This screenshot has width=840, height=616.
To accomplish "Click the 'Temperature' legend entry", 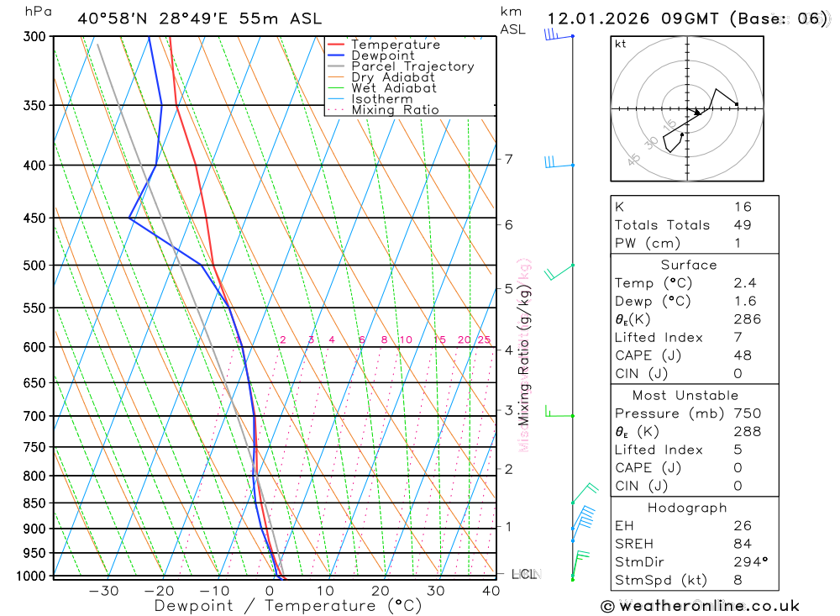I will [395, 45].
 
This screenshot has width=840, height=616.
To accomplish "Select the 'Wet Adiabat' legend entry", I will [393, 88].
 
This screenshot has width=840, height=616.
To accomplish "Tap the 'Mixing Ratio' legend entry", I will [394, 110].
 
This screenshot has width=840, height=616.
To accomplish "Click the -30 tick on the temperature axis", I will [104, 591].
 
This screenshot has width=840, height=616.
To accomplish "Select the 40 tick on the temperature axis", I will [491, 591].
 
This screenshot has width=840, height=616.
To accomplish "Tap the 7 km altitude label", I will [509, 159].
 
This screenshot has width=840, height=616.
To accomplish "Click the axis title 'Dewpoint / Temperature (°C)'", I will [288, 605].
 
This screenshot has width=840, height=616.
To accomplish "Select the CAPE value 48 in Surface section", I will [742, 355].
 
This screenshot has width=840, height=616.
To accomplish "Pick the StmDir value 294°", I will [744, 562].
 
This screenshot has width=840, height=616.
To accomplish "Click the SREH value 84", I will [742, 544].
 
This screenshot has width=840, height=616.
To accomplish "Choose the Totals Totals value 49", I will [742, 224].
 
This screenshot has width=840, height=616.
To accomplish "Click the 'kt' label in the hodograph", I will [621, 44].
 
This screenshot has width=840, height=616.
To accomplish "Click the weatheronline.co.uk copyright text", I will [701, 606].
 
